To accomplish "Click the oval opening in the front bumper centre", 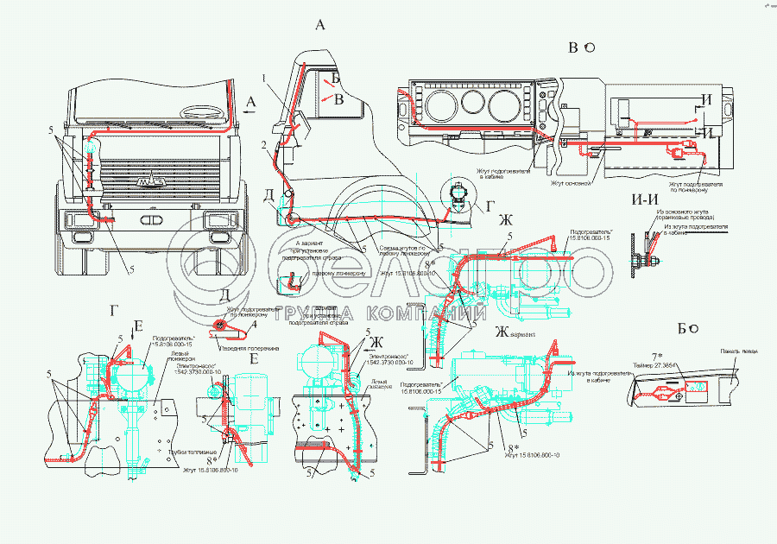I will click(x=148, y=221).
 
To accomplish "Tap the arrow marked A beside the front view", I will click(x=250, y=102).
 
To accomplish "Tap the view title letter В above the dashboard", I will click(x=572, y=47).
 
